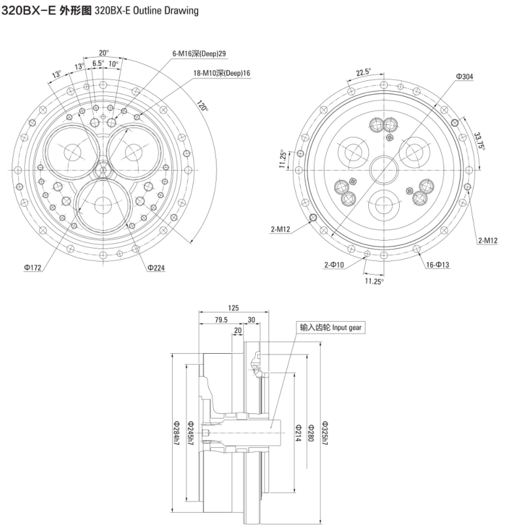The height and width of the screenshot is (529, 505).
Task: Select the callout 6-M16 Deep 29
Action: point(199,53)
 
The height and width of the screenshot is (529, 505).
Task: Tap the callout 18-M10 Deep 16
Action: point(222,73)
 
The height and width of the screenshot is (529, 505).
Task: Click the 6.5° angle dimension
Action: point(98,64)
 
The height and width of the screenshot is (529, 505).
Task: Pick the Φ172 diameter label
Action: point(32,267)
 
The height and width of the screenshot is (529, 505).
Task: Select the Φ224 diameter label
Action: point(158,267)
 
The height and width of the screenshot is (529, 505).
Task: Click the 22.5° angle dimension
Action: point(363,72)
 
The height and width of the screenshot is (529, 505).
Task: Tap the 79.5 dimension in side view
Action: point(220,320)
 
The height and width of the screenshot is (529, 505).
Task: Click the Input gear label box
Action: point(330,328)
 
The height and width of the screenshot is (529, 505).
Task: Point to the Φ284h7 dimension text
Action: point(176,432)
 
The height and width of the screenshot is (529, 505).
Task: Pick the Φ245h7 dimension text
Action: point(190,432)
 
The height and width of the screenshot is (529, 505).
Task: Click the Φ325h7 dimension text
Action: point(324,431)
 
